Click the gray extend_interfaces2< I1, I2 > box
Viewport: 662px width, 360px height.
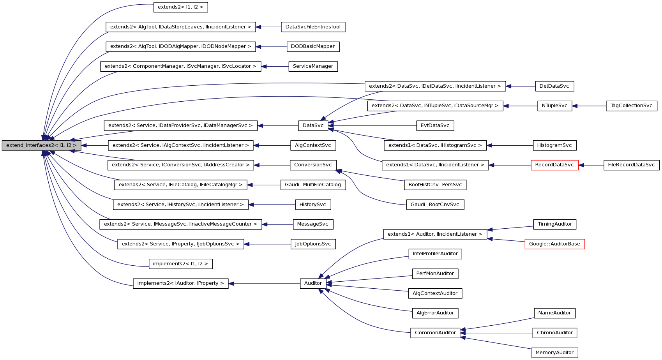(x=41, y=145)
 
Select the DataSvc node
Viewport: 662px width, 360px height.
(x=313, y=125)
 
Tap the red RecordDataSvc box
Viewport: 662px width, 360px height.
(x=554, y=165)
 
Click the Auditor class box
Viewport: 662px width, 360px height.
(x=313, y=283)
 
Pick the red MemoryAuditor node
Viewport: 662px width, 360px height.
(x=554, y=353)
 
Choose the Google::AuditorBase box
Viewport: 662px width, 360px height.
(x=554, y=244)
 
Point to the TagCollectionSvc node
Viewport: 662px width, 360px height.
(x=631, y=106)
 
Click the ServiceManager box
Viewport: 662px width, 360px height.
(x=312, y=66)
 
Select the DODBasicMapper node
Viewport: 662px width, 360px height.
(x=312, y=46)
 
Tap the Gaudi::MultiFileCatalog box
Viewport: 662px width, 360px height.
(x=312, y=185)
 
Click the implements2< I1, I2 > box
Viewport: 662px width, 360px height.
(x=180, y=264)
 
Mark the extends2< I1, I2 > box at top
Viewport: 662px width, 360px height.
(x=180, y=7)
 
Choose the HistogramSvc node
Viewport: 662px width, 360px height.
(x=554, y=145)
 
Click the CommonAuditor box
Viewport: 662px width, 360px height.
(x=435, y=333)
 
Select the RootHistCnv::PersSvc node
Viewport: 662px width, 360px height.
(x=435, y=185)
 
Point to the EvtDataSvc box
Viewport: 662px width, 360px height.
(x=435, y=125)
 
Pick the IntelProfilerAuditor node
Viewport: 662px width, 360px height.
(x=435, y=254)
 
